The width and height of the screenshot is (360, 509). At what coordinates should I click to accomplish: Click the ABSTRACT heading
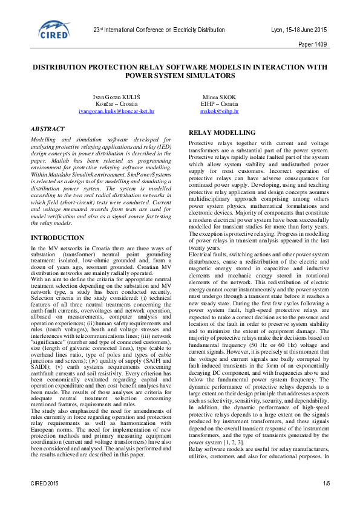(x=49, y=129)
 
